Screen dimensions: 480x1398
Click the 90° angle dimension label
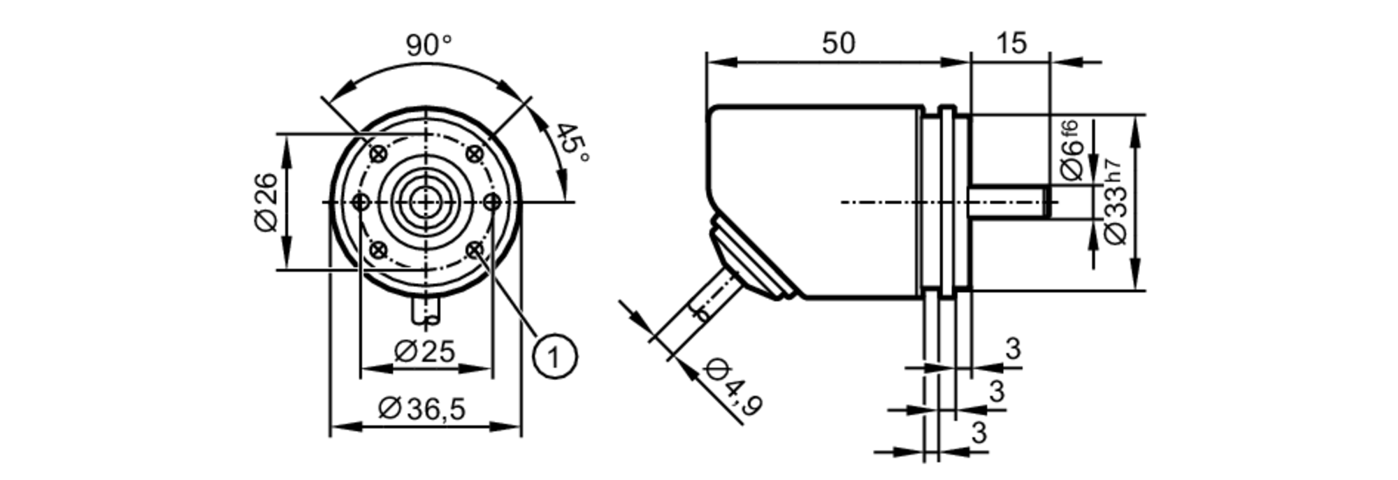coord(428,46)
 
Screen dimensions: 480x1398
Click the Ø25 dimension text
coord(424,351)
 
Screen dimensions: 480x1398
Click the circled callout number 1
coord(555,358)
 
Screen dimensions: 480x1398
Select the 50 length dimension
coord(837,43)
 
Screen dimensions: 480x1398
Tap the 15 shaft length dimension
coord(1011,43)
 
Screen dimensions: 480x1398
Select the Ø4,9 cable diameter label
coord(733,388)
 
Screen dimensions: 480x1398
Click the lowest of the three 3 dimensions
coord(979,433)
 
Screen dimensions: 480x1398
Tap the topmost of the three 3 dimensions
coord(1013,348)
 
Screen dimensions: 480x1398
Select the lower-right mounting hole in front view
coord(475,249)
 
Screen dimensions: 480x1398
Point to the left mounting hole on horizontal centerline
coord(361,203)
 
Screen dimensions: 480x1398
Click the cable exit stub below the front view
coord(426,311)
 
